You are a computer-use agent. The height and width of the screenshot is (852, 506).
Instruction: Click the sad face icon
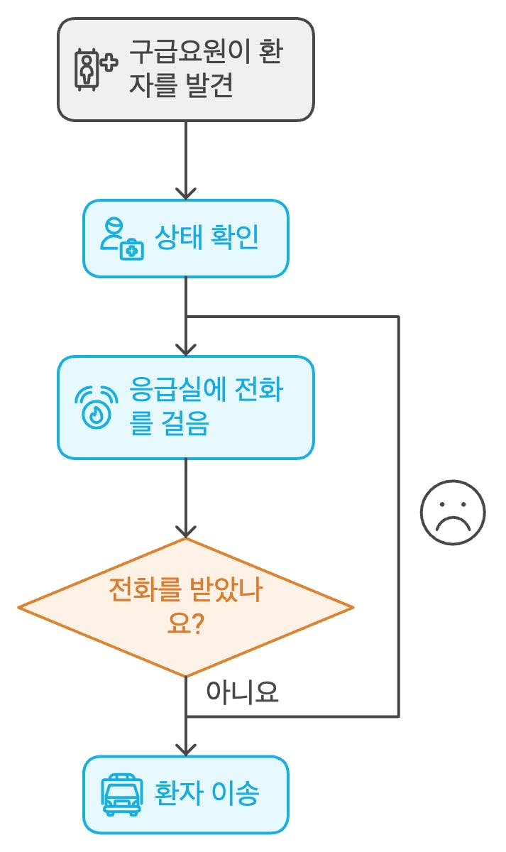point(453,513)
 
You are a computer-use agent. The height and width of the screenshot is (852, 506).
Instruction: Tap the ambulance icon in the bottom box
point(118,794)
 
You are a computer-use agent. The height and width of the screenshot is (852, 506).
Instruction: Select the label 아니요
point(242,693)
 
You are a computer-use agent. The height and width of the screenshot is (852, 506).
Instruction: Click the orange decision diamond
point(185,607)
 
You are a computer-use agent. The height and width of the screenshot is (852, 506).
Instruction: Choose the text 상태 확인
point(206,239)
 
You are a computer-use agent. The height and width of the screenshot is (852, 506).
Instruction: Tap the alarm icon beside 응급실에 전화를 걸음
point(96,407)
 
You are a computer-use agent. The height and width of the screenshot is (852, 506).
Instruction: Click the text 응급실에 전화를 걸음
point(206,407)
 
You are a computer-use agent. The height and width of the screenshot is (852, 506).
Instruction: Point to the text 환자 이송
point(206,794)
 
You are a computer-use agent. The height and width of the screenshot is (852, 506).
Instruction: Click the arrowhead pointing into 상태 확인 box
point(185,193)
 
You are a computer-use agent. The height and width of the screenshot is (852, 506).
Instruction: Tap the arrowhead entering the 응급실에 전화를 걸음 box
point(185,349)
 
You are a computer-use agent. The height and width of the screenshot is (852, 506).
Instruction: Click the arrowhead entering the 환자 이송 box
point(185,749)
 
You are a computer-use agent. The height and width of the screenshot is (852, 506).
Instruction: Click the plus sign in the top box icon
point(108,63)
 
